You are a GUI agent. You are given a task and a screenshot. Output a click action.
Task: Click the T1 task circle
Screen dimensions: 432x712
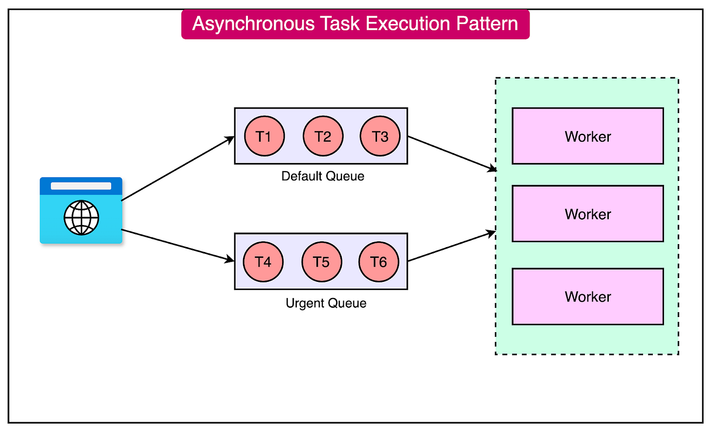click(x=264, y=136)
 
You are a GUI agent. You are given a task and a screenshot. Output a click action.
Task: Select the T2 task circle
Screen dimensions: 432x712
click(x=323, y=136)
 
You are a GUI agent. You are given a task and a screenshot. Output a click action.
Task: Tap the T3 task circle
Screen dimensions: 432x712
click(x=380, y=136)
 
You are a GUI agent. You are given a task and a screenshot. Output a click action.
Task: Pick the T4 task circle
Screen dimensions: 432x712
click(x=263, y=262)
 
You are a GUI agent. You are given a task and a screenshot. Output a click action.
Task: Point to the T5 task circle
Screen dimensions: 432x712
click(x=321, y=262)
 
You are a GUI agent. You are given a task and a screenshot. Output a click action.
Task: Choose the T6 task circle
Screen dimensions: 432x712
click(x=378, y=262)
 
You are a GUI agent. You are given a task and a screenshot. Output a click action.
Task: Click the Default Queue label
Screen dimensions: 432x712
click(x=323, y=176)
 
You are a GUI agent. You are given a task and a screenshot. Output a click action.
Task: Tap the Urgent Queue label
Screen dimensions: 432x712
click(x=326, y=303)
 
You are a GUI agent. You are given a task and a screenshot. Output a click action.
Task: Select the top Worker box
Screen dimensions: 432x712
click(x=587, y=136)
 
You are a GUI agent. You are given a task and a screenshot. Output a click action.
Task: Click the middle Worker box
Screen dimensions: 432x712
click(x=587, y=214)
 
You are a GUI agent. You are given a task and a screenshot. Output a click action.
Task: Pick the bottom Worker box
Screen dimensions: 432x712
click(x=587, y=296)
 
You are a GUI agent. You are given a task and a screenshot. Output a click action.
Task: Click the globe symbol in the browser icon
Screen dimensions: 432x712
click(x=81, y=218)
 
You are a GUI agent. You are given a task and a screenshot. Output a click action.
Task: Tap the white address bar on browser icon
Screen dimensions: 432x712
click(x=81, y=186)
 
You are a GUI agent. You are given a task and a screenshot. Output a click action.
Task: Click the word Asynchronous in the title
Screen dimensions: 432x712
click(x=253, y=24)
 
